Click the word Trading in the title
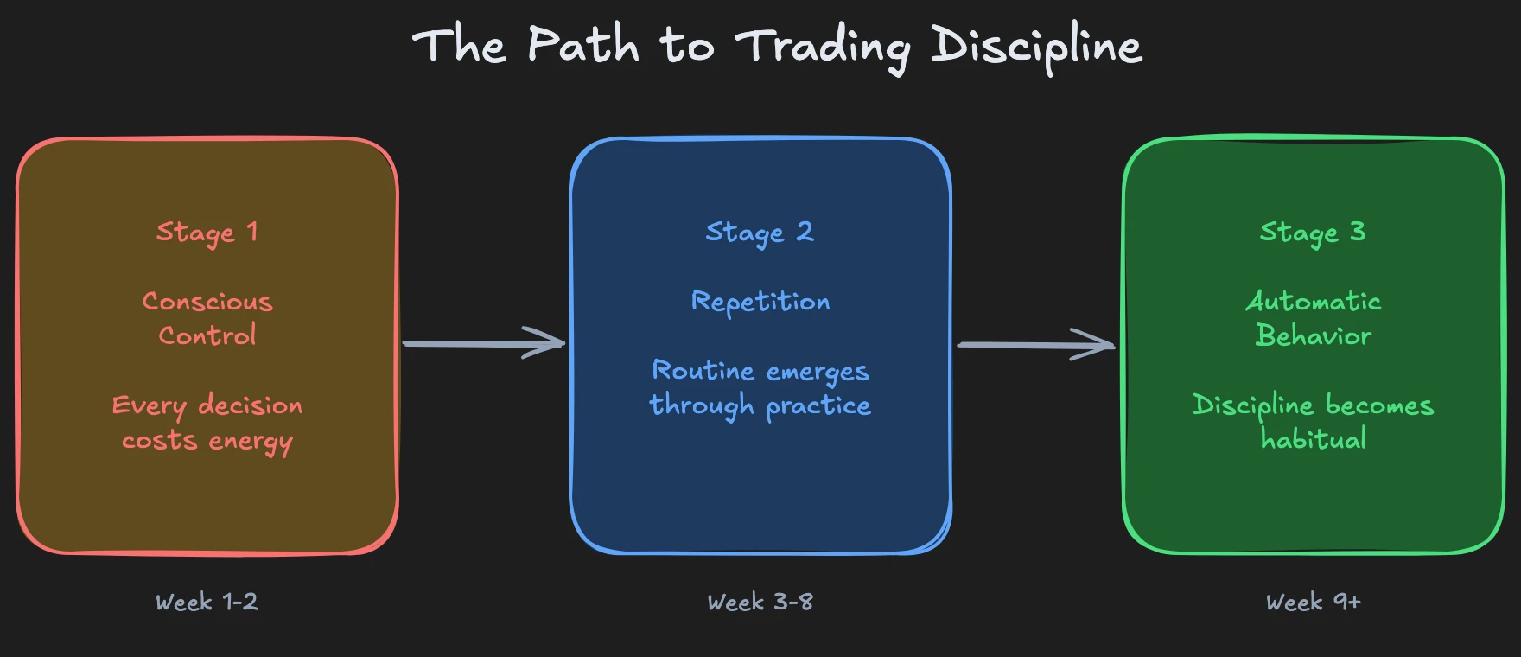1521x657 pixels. click(x=823, y=47)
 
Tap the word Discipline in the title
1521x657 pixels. click(x=1036, y=47)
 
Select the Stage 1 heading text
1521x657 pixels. click(x=207, y=233)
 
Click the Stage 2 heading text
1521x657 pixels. click(x=760, y=233)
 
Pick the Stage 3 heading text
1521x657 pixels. click(x=1313, y=233)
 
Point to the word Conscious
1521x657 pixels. click(x=207, y=302)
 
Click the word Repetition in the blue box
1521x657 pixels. click(x=760, y=303)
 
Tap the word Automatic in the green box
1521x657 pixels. click(x=1313, y=302)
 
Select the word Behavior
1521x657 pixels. click(x=1313, y=335)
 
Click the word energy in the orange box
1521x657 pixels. click(x=251, y=443)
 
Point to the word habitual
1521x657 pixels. click(x=1313, y=439)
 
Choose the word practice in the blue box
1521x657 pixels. click(x=818, y=406)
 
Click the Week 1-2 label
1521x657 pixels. click(x=207, y=602)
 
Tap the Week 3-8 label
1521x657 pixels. click(x=760, y=602)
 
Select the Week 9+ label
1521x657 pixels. click(x=1313, y=602)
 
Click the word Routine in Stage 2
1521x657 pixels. click(x=703, y=371)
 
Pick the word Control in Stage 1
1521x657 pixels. click(x=207, y=335)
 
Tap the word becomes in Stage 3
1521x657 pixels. click(x=1379, y=405)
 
